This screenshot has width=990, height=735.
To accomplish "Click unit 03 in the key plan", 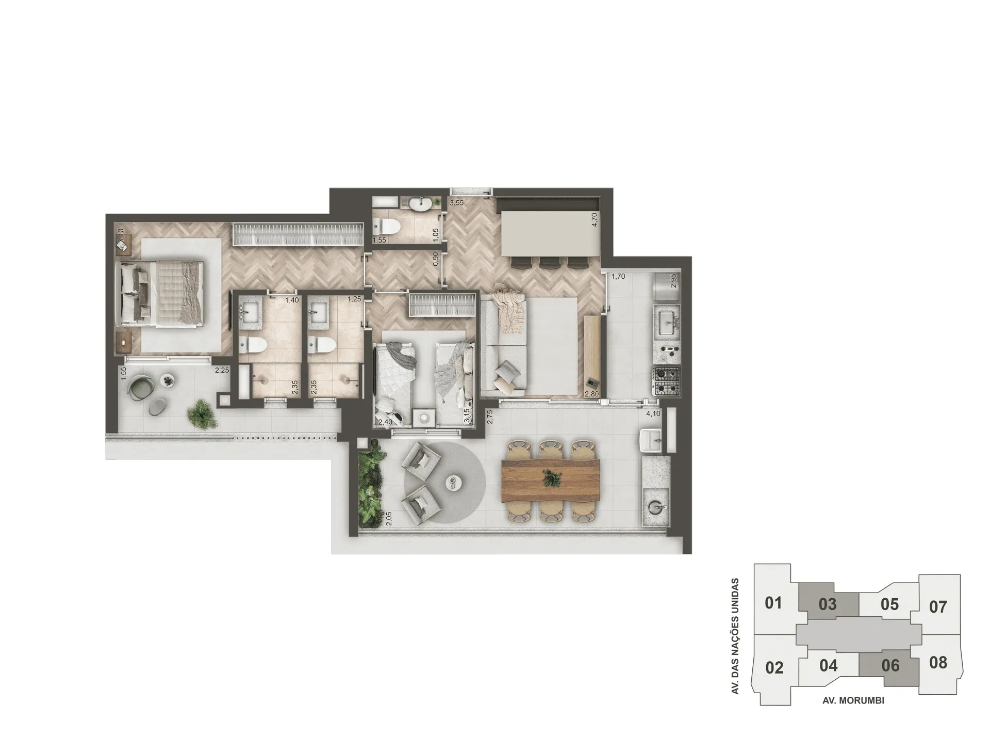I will click(828, 603).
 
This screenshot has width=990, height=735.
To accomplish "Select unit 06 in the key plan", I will click(890, 665).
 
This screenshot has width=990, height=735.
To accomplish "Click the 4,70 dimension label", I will click(595, 220).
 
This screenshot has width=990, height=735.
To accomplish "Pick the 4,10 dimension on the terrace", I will click(653, 413).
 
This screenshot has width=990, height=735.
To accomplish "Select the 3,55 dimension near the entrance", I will click(456, 203).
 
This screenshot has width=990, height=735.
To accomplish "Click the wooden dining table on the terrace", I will click(551, 480).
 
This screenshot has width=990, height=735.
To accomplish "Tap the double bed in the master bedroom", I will click(160, 293).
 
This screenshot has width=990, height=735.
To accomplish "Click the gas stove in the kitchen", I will click(666, 381).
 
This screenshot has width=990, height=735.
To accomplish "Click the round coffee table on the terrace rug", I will click(453, 482).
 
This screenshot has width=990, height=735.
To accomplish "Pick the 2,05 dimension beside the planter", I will click(389, 518).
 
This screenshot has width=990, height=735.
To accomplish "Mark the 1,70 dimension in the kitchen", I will click(618, 277).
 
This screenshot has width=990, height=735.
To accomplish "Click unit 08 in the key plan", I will click(938, 662).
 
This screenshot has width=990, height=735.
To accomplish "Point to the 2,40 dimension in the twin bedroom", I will click(385, 422).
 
